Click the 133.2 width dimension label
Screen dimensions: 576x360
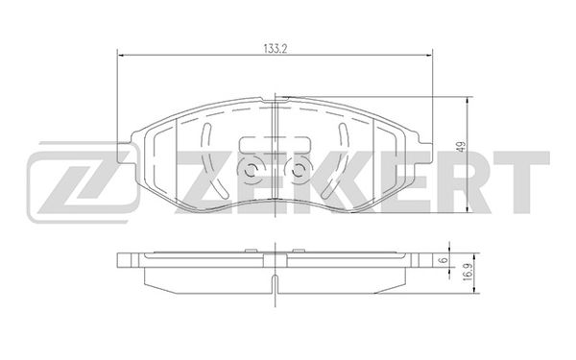click(276, 49)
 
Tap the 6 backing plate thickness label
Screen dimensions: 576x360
click(444, 260)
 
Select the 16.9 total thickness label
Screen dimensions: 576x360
click(467, 274)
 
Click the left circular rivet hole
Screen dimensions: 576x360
click(252, 170)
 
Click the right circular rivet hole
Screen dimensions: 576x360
click(298, 170)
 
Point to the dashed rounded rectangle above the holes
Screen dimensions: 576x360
click(275, 144)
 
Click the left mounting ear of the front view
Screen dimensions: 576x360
click(125, 153)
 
